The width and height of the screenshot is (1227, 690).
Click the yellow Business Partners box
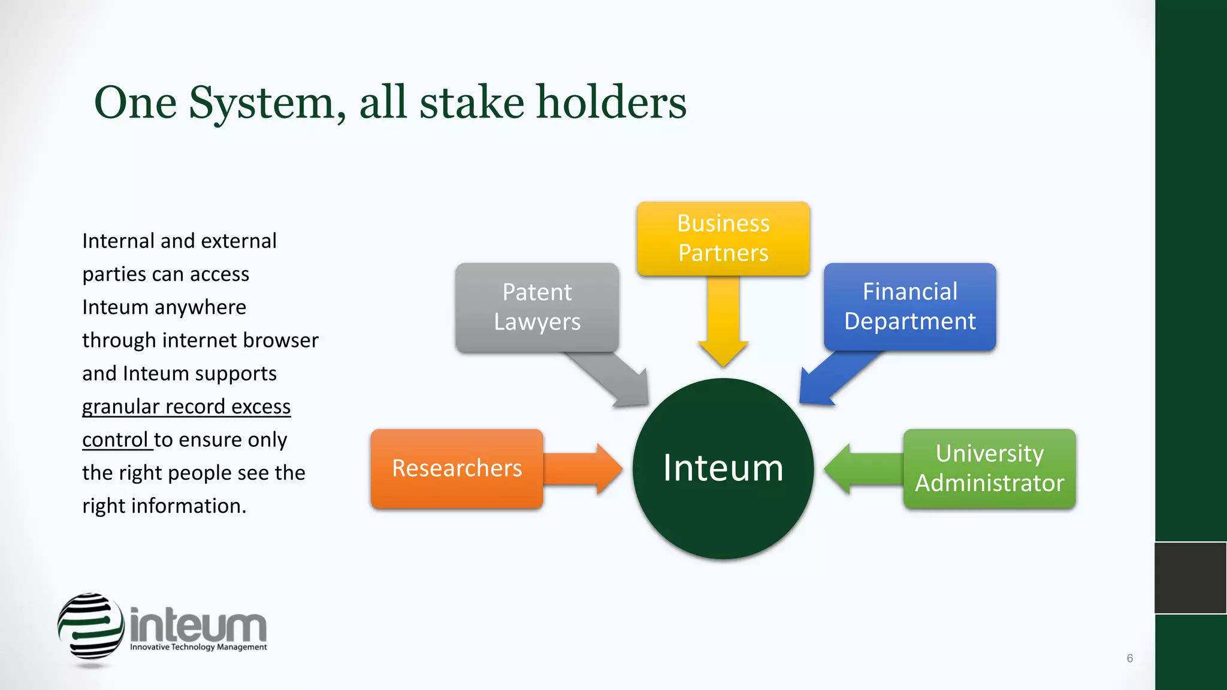[x=723, y=238]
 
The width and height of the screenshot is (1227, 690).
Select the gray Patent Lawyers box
[x=537, y=307]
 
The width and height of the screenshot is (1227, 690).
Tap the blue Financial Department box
[x=909, y=307]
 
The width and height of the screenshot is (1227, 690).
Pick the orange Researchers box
[x=457, y=468]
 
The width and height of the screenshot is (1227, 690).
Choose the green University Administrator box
[x=989, y=468]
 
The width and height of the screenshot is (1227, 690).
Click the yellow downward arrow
[x=723, y=323]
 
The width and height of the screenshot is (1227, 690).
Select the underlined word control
[x=115, y=440]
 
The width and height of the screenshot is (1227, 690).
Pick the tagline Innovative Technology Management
[x=198, y=647]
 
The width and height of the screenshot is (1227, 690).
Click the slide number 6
[x=1129, y=658]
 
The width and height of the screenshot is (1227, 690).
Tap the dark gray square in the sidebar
[x=1190, y=578]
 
